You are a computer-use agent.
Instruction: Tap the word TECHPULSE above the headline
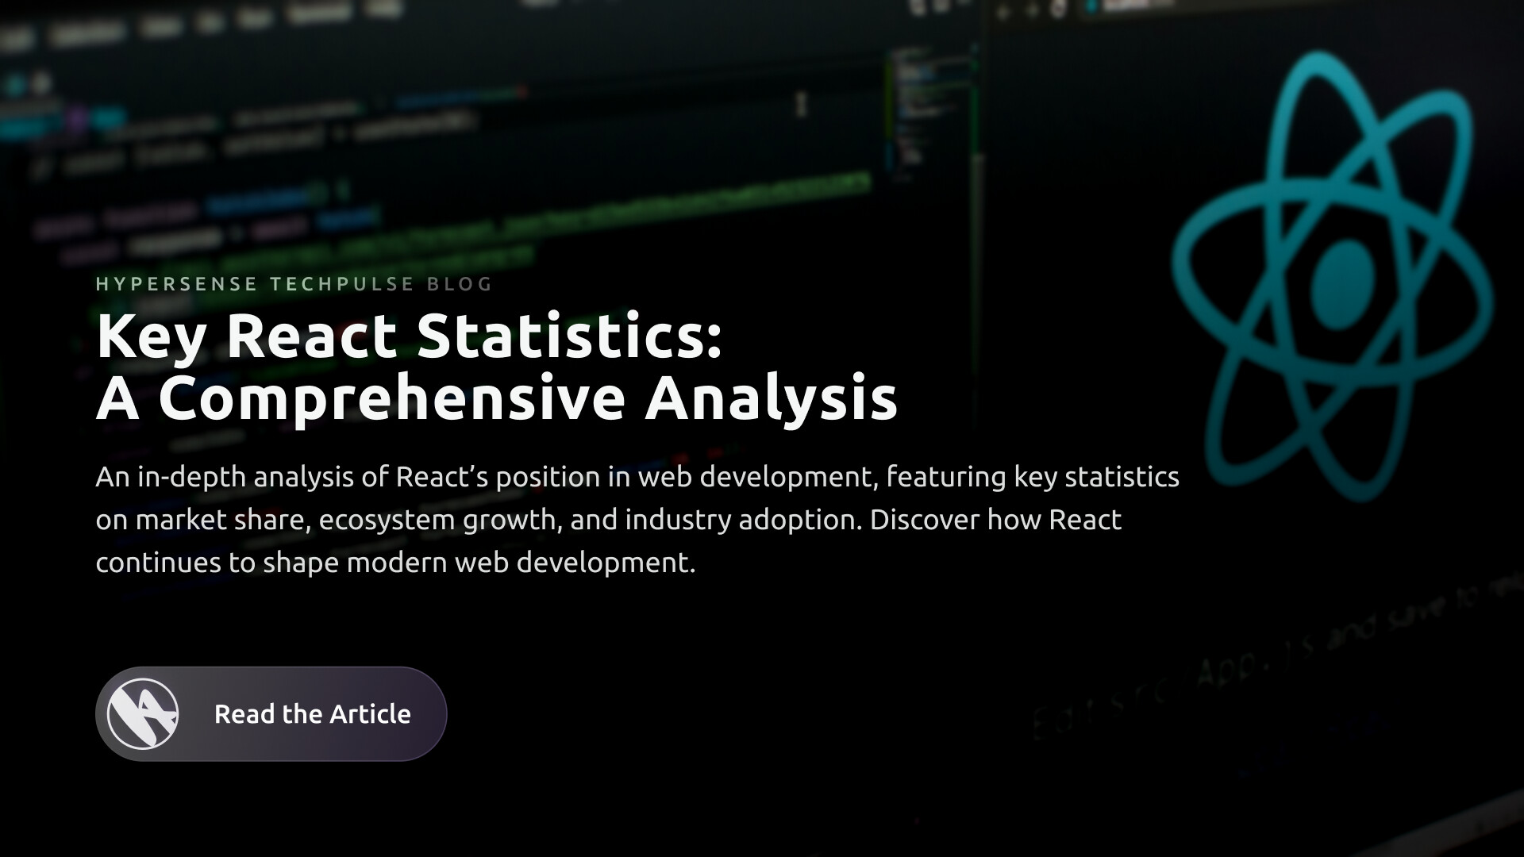pos(342,284)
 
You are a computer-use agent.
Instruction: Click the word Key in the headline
pos(152,337)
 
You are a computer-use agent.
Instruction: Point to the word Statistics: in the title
pos(570,336)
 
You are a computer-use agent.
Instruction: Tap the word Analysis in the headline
pos(771,399)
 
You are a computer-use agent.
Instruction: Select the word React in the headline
pos(311,336)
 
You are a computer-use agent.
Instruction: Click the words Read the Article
pos(312,714)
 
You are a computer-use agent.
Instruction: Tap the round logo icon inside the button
pos(143,714)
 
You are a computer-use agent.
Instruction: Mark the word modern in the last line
pos(397,563)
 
